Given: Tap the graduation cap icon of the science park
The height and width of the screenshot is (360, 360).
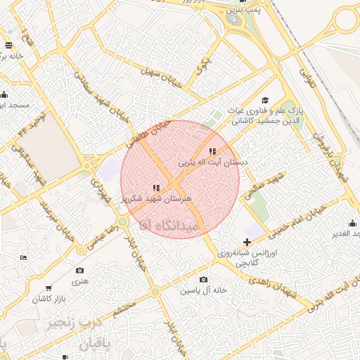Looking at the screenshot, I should [265, 101].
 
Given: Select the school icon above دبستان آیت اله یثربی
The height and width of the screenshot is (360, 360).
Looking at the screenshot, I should [212, 151].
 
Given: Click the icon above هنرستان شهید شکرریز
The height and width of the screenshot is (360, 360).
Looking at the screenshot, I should [156, 188].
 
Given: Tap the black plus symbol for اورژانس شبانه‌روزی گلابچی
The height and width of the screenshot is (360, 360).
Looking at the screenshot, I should [246, 242].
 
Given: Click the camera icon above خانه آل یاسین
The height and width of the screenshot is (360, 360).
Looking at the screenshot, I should [204, 279].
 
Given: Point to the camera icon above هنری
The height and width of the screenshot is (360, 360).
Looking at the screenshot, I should [79, 271].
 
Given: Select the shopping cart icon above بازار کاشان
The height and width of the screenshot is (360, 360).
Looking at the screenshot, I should [49, 288].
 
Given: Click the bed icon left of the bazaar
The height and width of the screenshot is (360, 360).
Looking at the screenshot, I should [23, 258].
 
